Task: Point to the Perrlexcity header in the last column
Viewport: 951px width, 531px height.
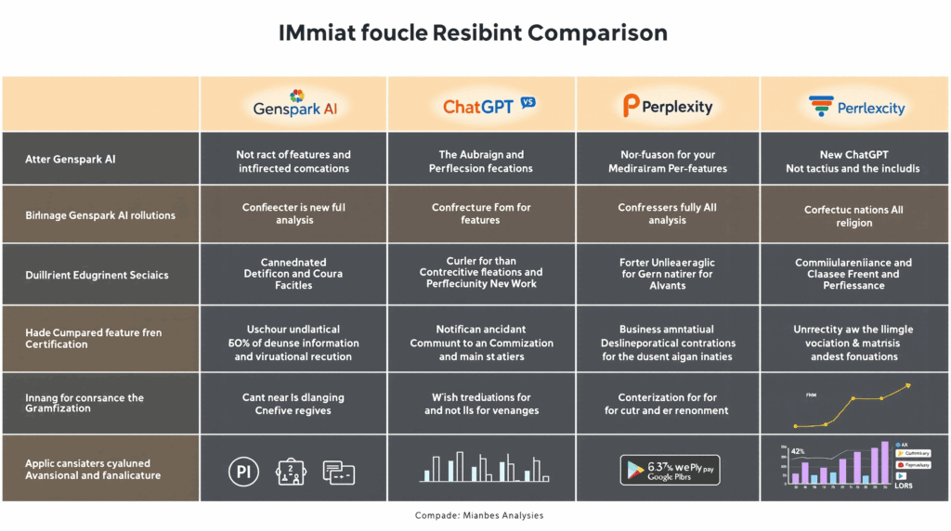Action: pos(855,107)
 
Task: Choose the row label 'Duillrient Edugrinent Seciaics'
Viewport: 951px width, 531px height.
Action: pos(97,275)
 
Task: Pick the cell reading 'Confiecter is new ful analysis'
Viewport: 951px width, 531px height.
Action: pos(293,214)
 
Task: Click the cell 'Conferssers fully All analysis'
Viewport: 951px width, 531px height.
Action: pos(668,214)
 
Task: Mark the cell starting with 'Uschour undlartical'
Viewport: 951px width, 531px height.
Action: pos(293,343)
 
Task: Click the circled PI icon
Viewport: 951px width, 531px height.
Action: pos(242,472)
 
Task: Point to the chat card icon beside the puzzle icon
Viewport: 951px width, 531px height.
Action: pos(339,472)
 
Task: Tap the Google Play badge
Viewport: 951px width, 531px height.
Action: pos(668,470)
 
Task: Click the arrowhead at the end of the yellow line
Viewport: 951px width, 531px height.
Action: pos(908,384)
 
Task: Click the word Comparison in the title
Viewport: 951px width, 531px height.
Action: pos(597,32)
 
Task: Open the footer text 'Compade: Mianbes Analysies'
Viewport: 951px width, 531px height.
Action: pos(479,515)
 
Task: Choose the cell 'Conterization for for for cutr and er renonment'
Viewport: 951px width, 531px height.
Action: pos(668,404)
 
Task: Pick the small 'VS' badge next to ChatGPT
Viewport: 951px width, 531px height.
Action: pos(528,102)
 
